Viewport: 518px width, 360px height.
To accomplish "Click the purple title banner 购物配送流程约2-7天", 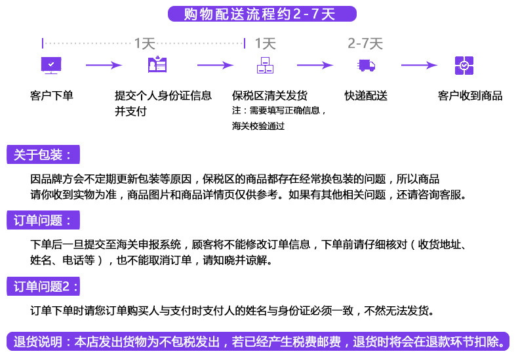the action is point(262,14).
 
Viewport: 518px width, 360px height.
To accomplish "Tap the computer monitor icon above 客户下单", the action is point(51,65).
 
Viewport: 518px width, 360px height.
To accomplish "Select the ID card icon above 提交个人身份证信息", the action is point(157,65).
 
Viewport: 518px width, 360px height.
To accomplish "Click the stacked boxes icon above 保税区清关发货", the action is point(265,65).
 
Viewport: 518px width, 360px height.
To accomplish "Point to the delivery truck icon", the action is point(366,65).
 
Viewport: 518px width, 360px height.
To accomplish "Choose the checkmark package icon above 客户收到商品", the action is point(464,65).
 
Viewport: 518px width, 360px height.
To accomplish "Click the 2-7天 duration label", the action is point(365,44).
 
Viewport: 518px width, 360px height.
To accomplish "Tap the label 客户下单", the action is point(51,96).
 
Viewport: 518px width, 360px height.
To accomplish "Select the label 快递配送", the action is point(366,96).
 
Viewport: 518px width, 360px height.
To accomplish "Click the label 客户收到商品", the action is point(469,96).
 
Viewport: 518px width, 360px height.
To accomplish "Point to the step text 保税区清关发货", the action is point(269,96).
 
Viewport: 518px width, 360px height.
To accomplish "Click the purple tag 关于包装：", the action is point(43,155).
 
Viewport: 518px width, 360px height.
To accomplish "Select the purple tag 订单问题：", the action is point(43,220).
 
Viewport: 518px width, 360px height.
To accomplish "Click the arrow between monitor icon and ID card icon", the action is point(104,65).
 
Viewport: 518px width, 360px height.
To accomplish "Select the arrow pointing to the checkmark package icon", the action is point(418,65).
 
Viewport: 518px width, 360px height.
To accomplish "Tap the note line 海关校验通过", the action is point(258,126).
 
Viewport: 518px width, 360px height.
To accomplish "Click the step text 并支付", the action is point(130,111).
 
